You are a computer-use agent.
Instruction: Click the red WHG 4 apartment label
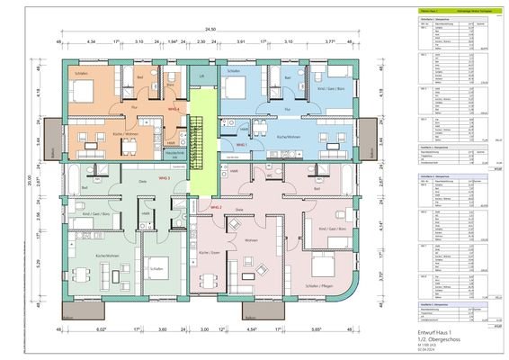[x=174, y=109]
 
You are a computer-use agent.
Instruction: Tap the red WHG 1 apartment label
[x=241, y=144]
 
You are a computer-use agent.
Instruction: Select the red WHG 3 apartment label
[x=165, y=178]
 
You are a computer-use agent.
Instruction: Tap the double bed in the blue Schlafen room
[x=236, y=88]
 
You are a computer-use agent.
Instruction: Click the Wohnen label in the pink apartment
[x=252, y=241]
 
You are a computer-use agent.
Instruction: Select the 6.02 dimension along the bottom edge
[x=89, y=330]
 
